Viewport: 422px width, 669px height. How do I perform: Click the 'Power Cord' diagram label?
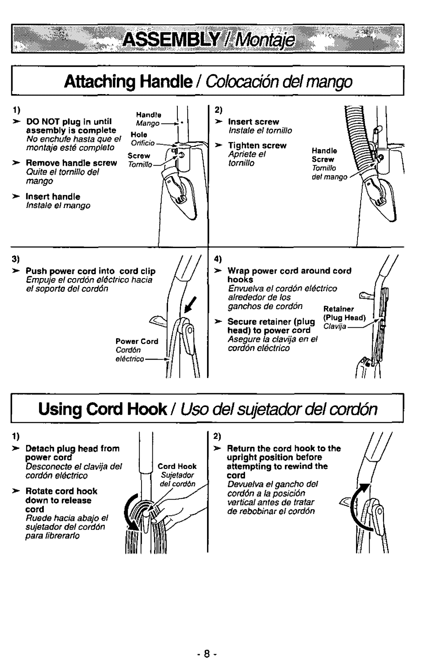pos(137,341)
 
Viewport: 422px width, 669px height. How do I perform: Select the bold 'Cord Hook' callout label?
pos(177,466)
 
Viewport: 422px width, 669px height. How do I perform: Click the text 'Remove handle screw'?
pos(72,163)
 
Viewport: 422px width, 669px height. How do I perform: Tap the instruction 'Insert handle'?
pos(53,196)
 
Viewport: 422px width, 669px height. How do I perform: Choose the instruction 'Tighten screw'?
pos(257,145)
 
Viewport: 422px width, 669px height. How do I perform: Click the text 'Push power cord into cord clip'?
pos(91,271)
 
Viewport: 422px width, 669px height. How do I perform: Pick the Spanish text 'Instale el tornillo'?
pos(260,130)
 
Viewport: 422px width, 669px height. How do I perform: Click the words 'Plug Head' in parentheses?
pos(344,318)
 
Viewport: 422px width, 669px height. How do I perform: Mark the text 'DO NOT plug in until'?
pos(69,122)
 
